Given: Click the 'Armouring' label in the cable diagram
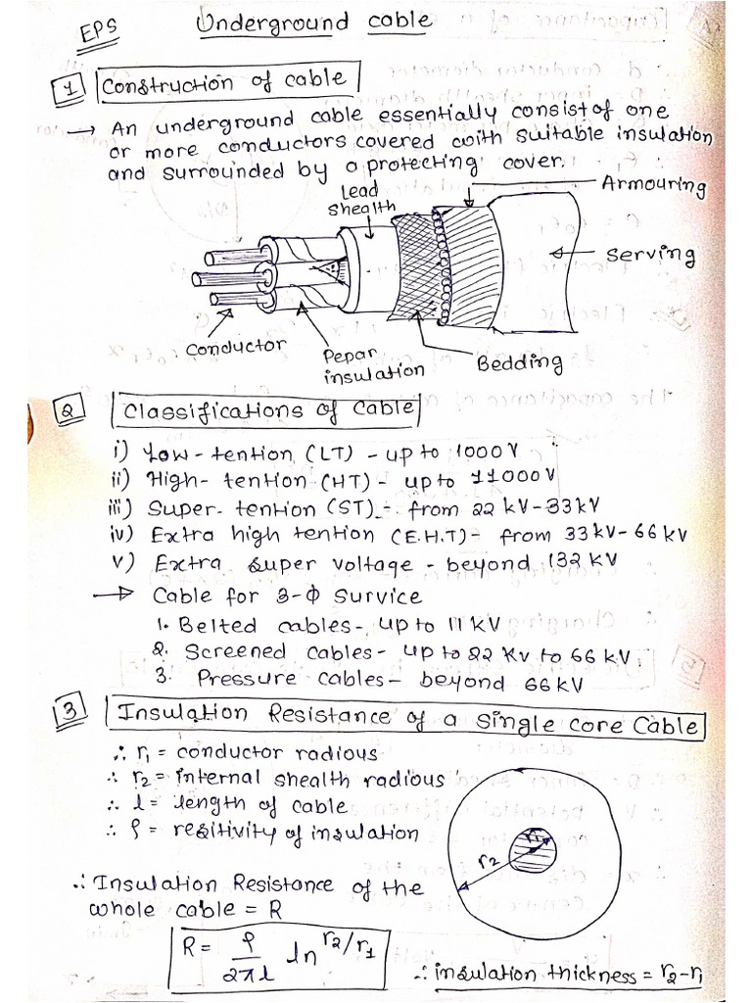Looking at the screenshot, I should (x=654, y=185).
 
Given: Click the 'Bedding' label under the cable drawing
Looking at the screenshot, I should (x=519, y=363).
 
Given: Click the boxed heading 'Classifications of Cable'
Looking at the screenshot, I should (x=265, y=410).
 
